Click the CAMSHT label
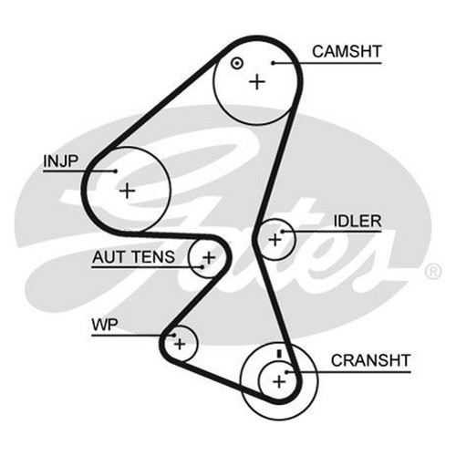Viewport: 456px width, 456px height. click(347, 51)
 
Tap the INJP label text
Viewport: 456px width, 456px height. click(61, 161)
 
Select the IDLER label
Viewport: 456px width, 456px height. click(358, 221)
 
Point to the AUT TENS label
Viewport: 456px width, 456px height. click(133, 257)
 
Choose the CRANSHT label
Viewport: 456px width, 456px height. click(371, 360)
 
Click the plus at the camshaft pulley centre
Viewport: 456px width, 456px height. click(257, 81)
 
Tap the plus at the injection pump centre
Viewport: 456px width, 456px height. click(127, 191)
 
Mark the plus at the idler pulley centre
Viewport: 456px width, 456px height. click(275, 240)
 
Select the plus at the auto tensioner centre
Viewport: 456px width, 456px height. click(209, 258)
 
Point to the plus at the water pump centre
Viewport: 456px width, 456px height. click(180, 344)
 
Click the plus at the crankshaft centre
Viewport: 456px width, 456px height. click(279, 381)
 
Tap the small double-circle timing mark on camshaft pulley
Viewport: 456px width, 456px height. click(237, 64)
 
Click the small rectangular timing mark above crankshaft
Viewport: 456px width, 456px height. click(280, 354)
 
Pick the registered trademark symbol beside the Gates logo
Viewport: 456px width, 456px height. click(433, 272)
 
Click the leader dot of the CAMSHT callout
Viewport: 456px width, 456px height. click(274, 63)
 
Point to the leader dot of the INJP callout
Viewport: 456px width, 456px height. click(115, 171)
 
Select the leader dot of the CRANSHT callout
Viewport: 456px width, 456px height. click(286, 372)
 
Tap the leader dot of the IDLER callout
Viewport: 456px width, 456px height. click(282, 232)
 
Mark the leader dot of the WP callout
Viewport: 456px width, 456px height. click(173, 336)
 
